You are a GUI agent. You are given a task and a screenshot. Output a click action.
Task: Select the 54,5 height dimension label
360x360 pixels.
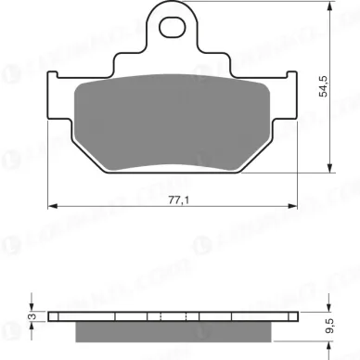[323, 88]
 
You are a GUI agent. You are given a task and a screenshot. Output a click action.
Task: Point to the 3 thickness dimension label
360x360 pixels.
[30, 316]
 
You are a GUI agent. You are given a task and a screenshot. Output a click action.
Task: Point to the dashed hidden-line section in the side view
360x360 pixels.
[174, 316]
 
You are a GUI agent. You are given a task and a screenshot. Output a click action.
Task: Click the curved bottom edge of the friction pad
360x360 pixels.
[174, 167]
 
